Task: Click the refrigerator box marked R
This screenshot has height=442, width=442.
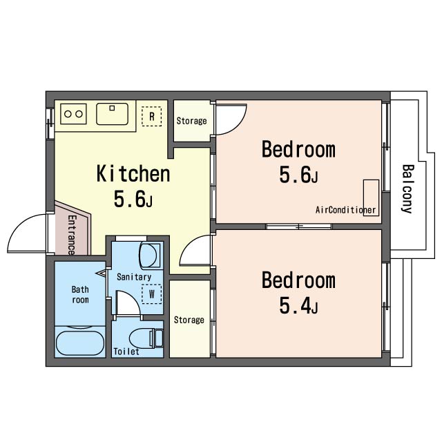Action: coord(152,116)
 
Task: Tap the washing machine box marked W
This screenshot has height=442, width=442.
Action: coord(152,294)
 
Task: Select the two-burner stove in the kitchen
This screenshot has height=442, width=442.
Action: coord(73,114)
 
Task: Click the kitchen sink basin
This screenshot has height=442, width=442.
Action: coord(112,114)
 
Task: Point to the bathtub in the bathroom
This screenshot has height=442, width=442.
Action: coord(80,343)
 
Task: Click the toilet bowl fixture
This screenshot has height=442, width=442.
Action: coord(146,338)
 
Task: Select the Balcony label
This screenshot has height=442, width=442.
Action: coord(407,189)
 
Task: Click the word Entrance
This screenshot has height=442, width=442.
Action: coord(72,235)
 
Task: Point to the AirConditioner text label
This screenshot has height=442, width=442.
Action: coord(345,210)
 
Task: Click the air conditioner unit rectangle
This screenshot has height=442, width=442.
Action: coord(371,198)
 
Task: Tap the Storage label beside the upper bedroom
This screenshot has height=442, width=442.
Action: coord(191,121)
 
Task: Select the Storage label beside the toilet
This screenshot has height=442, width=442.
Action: coord(189,320)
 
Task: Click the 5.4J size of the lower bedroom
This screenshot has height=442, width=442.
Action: coord(298,306)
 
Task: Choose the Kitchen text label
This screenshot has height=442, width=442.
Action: coord(133,173)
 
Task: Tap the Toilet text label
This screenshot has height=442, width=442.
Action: coord(126,352)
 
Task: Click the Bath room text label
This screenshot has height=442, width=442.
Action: coord(80,295)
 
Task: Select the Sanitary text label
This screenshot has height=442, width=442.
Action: coord(134,277)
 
